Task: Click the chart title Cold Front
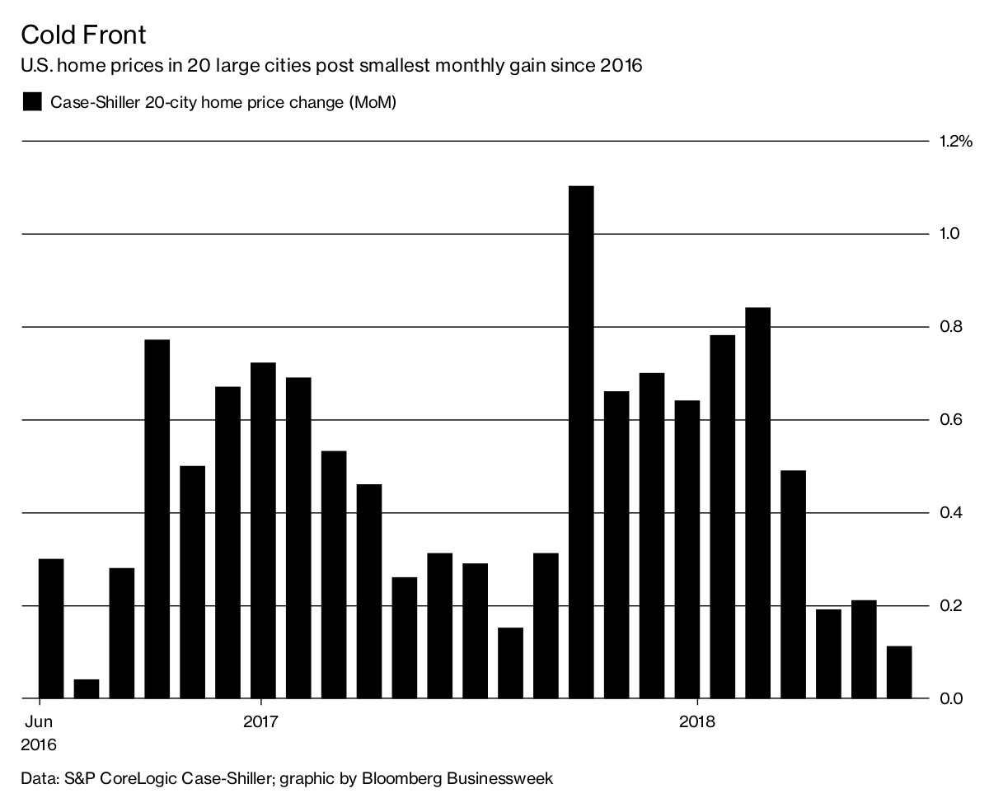click(83, 35)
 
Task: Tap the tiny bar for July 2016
click(87, 688)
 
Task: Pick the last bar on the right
click(899, 672)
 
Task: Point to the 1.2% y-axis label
click(955, 142)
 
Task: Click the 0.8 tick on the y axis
click(950, 328)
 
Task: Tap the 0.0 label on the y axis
click(950, 699)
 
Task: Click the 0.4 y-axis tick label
click(950, 513)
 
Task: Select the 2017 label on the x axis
click(261, 723)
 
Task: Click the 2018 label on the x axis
click(697, 723)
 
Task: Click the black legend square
click(31, 102)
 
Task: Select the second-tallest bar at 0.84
click(757, 502)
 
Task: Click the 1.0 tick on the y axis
click(950, 235)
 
